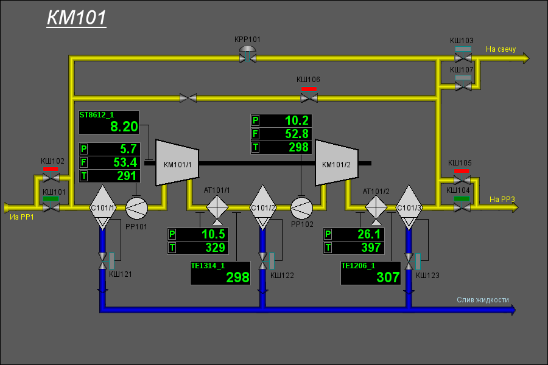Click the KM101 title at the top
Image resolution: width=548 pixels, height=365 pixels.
(x=77, y=18)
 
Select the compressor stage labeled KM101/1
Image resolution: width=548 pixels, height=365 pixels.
(x=177, y=163)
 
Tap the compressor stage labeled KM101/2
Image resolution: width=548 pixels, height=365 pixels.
(x=337, y=163)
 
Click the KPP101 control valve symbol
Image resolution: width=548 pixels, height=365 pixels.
(x=248, y=54)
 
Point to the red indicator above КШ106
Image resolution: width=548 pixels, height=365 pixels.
(x=309, y=89)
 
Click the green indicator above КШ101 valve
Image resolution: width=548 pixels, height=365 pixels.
(x=51, y=199)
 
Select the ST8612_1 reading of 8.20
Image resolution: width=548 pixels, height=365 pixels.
(x=124, y=127)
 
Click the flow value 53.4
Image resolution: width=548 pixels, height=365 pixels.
(x=125, y=162)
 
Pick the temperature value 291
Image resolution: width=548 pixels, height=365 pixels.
(x=127, y=176)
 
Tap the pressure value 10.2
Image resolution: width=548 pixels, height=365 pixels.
(x=297, y=120)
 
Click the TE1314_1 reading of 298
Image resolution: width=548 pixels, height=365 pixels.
(x=237, y=277)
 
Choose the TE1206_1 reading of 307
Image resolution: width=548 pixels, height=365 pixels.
(x=388, y=277)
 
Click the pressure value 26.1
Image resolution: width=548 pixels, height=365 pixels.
(x=369, y=234)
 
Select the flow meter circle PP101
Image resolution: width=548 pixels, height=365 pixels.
(x=136, y=208)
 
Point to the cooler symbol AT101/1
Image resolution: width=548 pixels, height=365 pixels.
(x=217, y=207)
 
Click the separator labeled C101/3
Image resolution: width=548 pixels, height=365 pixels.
(x=409, y=207)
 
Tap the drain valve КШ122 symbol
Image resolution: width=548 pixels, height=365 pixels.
(x=263, y=261)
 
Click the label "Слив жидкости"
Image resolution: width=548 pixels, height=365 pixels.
(x=483, y=300)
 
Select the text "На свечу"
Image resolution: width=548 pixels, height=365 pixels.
(x=501, y=49)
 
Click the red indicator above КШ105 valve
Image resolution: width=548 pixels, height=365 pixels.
(x=462, y=171)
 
